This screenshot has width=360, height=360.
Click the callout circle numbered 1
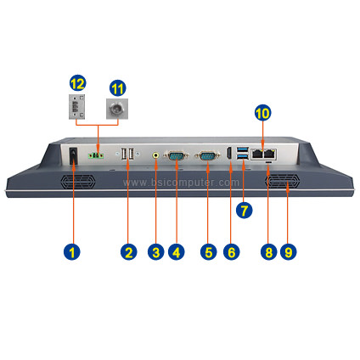(x=72, y=251)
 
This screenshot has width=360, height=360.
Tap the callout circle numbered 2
(x=129, y=251)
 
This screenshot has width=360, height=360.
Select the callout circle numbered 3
(x=155, y=251)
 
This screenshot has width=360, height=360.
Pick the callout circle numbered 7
(x=244, y=210)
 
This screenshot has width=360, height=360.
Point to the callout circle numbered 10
(x=262, y=113)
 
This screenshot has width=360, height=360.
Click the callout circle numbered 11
(x=118, y=88)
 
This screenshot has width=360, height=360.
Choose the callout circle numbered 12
(x=78, y=83)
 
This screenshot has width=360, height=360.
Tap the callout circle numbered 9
(x=288, y=251)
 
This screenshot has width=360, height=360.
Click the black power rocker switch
(x=73, y=155)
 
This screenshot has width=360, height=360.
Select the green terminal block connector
(x=96, y=155)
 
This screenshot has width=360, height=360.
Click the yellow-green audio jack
(x=156, y=155)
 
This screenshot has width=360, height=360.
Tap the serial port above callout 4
(x=177, y=155)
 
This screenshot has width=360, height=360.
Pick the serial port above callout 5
(x=207, y=155)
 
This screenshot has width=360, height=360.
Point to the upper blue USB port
(x=244, y=149)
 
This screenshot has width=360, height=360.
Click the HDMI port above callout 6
(x=229, y=153)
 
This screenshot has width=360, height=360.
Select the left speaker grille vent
(x=78, y=182)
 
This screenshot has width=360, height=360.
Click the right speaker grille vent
(x=282, y=182)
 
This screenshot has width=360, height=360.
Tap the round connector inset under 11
(x=117, y=109)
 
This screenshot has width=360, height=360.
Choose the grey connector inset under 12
(x=77, y=107)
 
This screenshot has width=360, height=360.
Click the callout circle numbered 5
(x=208, y=251)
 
